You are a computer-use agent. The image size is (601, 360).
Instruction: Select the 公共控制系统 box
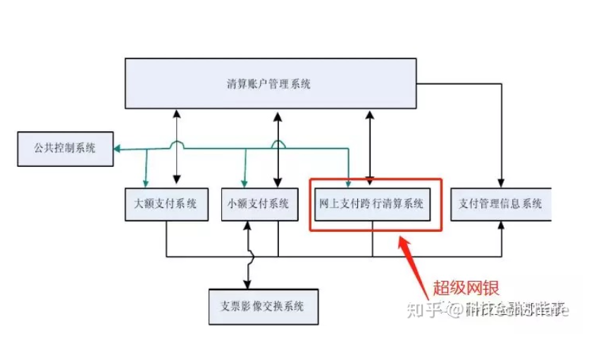pyautogui.click(x=65, y=148)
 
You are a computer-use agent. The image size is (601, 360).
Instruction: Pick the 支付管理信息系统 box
pyautogui.click(x=500, y=204)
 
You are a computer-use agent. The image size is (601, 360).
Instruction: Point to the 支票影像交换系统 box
pyautogui.click(x=263, y=306)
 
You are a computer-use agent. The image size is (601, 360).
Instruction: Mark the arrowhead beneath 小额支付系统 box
pyautogui.click(x=248, y=225)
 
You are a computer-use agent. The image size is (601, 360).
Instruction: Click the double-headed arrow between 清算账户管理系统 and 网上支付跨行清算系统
pyautogui.click(x=369, y=144)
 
